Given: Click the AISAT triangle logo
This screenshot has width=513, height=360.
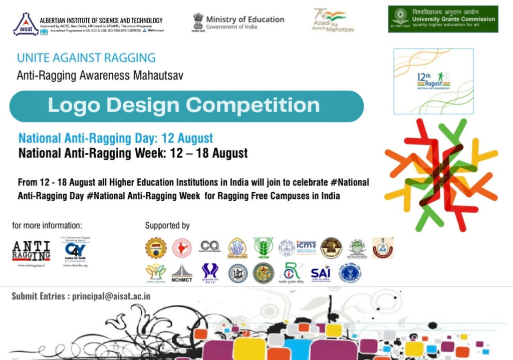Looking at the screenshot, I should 26,25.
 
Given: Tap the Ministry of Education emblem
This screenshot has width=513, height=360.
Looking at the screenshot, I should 199,22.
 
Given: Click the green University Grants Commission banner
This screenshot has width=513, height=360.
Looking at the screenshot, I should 443,19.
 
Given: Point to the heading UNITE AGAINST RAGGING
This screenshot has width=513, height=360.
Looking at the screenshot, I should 86,58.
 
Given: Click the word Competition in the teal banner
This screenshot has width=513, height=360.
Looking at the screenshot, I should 252,106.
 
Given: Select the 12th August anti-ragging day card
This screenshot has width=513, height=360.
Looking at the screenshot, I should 433,81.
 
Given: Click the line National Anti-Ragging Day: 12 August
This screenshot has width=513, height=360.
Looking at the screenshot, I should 116,138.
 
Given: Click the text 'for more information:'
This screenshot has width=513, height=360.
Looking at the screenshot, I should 47,225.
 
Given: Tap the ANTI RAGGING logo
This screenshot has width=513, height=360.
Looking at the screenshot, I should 31,250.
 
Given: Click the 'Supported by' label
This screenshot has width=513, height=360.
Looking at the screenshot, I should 167,226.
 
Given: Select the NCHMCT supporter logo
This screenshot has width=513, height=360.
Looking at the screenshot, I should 182,272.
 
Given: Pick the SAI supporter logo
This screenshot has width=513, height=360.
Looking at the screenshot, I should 321,273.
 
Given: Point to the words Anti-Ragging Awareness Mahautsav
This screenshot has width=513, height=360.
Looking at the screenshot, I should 100,76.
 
